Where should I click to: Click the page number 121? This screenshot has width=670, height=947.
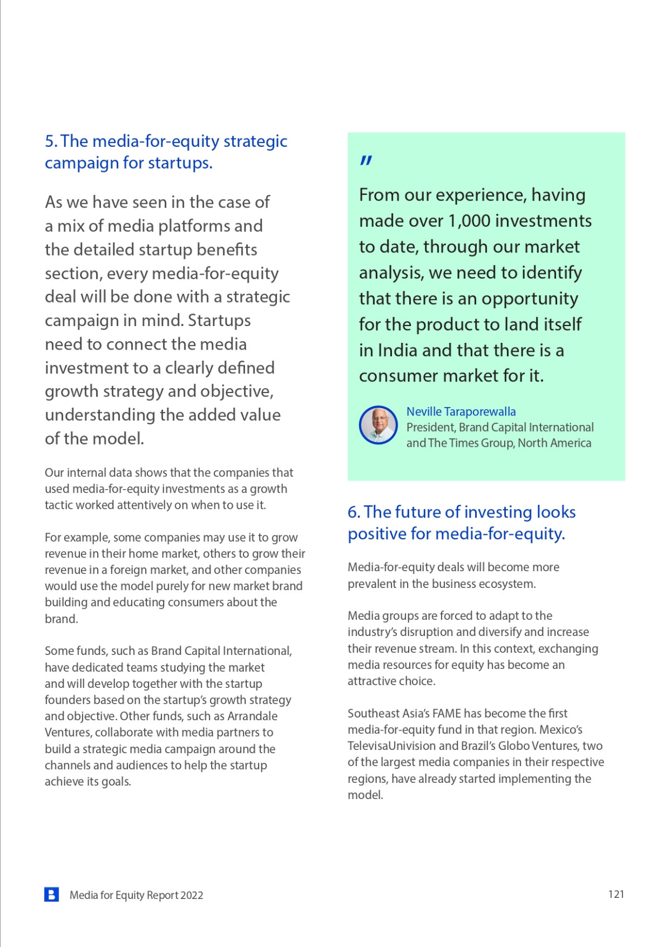[616, 894]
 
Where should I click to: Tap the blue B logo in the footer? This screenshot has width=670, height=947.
[51, 895]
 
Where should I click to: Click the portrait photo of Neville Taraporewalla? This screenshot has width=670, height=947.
[378, 425]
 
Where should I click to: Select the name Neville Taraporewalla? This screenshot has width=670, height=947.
[461, 412]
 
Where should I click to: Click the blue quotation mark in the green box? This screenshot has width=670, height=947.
[366, 161]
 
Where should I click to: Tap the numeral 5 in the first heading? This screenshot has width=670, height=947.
[50, 141]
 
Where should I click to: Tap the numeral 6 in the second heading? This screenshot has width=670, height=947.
[353, 512]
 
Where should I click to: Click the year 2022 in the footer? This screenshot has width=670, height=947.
[192, 895]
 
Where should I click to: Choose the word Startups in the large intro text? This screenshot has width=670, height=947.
[219, 321]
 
